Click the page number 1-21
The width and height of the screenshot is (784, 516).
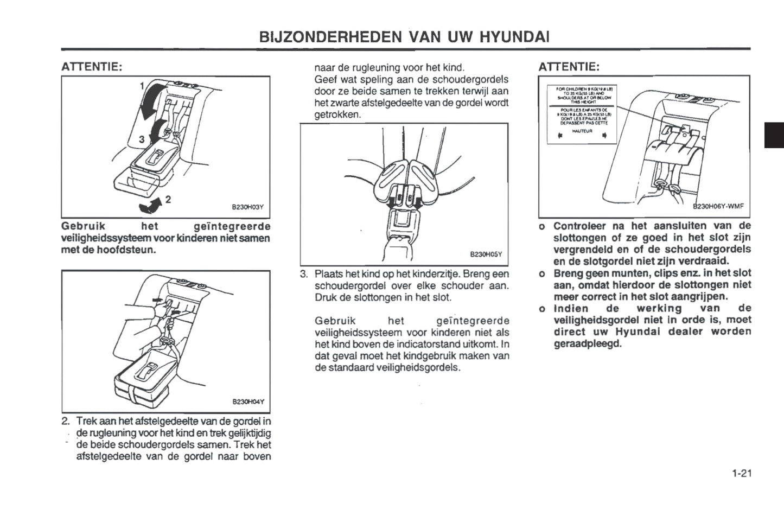pyautogui.click(x=741, y=474)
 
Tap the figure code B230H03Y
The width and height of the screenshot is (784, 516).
pyautogui.click(x=247, y=207)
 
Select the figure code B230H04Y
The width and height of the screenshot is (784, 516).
pyautogui.click(x=248, y=402)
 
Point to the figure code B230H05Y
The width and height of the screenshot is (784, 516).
pyautogui.click(x=486, y=254)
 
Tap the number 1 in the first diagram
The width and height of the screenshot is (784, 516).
pyautogui.click(x=142, y=86)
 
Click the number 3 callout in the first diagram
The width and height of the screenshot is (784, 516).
pyautogui.click(x=142, y=139)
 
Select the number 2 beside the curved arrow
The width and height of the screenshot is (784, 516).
pyautogui.click(x=168, y=199)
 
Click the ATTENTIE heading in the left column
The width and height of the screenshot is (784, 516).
pyautogui.click(x=92, y=67)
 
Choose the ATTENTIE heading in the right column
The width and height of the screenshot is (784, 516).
pyautogui.click(x=569, y=67)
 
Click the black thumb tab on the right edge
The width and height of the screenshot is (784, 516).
pyautogui.click(x=774, y=135)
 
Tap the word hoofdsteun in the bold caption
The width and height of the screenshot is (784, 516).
pyautogui.click(x=130, y=250)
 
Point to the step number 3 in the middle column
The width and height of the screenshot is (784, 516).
pyautogui.click(x=304, y=273)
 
